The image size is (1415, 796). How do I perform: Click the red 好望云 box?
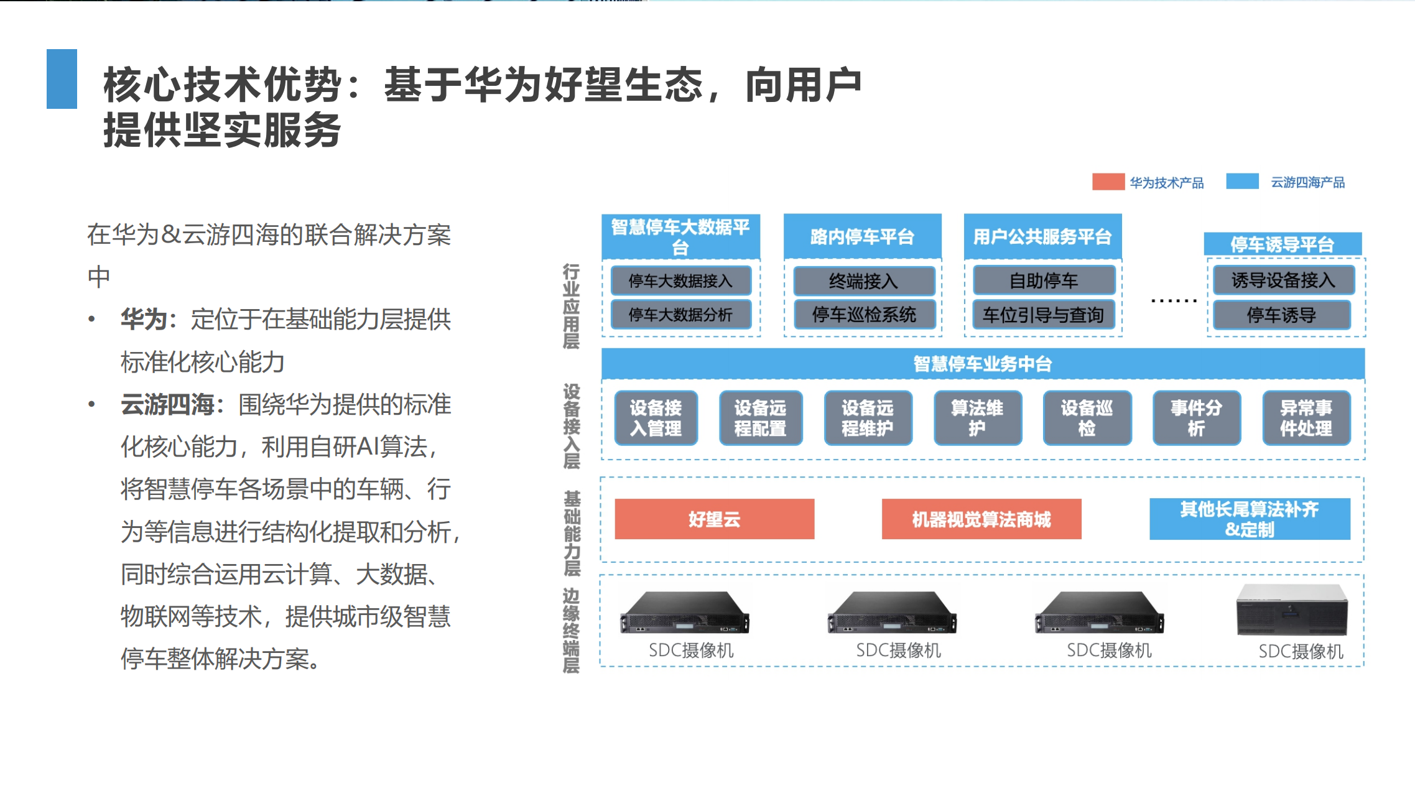pyautogui.click(x=714, y=519)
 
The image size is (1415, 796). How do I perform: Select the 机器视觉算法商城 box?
pyautogui.click(x=981, y=519)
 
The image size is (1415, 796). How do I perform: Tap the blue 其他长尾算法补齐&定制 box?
pyautogui.click(x=1250, y=519)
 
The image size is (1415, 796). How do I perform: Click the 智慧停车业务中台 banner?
pyautogui.click(x=983, y=363)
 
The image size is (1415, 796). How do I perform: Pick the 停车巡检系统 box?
pyautogui.click(x=864, y=315)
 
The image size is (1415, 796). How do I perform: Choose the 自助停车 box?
pyautogui.click(x=1044, y=280)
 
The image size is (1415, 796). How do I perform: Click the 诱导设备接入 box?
pyautogui.click(x=1283, y=280)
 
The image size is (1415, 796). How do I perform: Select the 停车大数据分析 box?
pyautogui.click(x=680, y=315)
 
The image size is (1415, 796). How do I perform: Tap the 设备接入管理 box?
pyautogui.click(x=656, y=418)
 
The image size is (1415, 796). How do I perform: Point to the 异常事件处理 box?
pyautogui.click(x=1306, y=418)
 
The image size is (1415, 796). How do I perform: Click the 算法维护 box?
pyautogui.click(x=977, y=418)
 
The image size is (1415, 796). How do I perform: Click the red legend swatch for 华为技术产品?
pyautogui.click(x=1108, y=182)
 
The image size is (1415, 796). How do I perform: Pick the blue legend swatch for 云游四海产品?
pyautogui.click(x=1242, y=181)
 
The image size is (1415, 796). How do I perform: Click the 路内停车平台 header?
pyautogui.click(x=863, y=236)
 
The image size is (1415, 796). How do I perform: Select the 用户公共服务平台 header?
pyautogui.click(x=1042, y=236)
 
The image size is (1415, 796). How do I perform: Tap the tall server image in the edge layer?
pyautogui.click(x=1292, y=610)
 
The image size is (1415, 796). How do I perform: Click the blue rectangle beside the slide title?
pyautogui.click(x=62, y=79)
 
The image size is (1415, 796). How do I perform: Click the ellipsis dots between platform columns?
pyautogui.click(x=1174, y=300)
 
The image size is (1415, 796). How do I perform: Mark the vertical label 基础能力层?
pyautogui.click(x=572, y=534)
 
